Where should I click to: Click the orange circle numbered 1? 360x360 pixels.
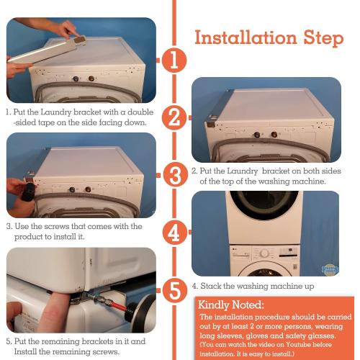click(x=174, y=60)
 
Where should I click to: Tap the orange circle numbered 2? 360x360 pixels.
click(x=174, y=117)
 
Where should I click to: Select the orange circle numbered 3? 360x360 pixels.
click(x=176, y=174)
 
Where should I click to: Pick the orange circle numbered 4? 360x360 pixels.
click(x=175, y=232)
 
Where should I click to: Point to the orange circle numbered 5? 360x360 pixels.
click(x=175, y=290)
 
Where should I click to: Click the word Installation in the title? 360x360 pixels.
click(x=246, y=37)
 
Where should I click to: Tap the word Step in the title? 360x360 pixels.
click(x=324, y=39)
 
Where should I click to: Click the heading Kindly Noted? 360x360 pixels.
click(x=231, y=305)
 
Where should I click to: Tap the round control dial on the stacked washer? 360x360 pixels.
click(x=264, y=253)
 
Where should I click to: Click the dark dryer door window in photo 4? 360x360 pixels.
click(x=264, y=204)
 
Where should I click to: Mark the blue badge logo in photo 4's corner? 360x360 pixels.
click(x=330, y=269)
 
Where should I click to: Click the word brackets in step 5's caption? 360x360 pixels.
click(x=97, y=341)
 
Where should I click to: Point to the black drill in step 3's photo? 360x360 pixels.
click(x=28, y=192)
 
